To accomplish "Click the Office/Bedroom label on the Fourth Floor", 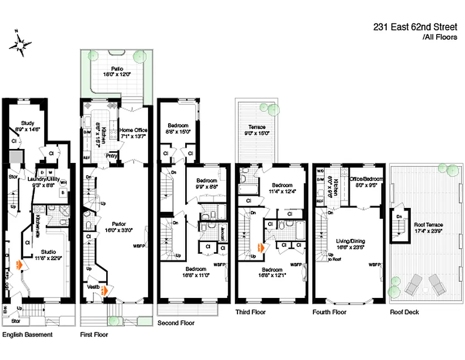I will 365,178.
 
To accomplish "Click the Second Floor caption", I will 176,323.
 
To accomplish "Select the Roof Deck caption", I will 404,312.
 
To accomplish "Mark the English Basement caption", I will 27,334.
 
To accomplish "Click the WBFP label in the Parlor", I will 139,246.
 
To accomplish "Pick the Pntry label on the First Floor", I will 112,156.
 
